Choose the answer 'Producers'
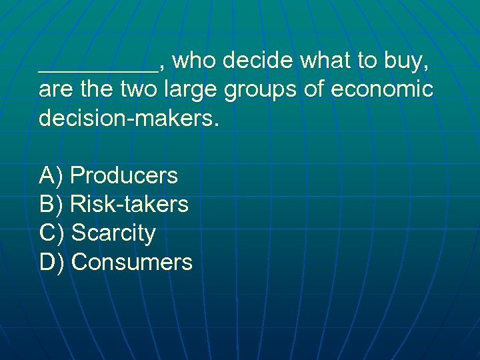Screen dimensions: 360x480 [124, 175]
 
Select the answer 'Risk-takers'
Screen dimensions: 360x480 [129, 204]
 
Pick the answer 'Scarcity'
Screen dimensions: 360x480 [113, 233]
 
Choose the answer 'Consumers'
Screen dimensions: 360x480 [131, 262]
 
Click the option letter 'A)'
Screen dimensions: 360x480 [51, 175]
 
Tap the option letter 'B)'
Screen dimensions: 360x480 [51, 204]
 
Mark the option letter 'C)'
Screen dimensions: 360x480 [52, 233]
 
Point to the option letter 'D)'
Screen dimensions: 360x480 [52, 262]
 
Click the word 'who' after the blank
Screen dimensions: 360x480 [197, 61]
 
